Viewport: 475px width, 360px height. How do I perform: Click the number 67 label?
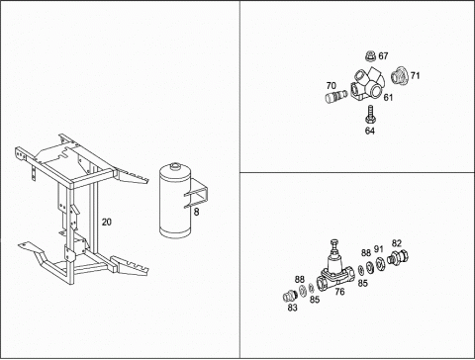click(383, 56)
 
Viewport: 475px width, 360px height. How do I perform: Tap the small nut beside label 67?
click(371, 56)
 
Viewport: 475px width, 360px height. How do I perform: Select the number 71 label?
click(415, 76)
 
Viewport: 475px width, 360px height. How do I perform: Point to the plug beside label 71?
click(400, 76)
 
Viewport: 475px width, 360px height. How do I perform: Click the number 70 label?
click(332, 86)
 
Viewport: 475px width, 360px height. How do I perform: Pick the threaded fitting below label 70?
click(336, 96)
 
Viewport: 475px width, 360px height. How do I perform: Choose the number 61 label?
click(388, 98)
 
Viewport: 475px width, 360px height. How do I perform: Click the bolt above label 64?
click(370, 114)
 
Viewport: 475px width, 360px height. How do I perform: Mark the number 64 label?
click(370, 131)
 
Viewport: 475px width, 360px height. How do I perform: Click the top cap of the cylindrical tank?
click(174, 166)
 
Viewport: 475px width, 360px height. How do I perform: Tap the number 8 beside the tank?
click(196, 212)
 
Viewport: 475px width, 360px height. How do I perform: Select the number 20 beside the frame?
click(106, 223)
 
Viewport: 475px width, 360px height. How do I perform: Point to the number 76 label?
click(339, 292)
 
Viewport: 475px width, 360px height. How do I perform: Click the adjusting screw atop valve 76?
click(334, 245)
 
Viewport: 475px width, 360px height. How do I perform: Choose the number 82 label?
click(397, 243)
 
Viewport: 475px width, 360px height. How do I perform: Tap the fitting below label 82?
click(398, 257)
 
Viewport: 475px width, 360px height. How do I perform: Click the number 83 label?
click(292, 308)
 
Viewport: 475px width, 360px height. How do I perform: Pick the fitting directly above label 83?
click(290, 296)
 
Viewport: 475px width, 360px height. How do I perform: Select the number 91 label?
click(379, 248)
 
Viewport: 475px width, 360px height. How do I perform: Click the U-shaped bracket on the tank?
click(197, 194)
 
